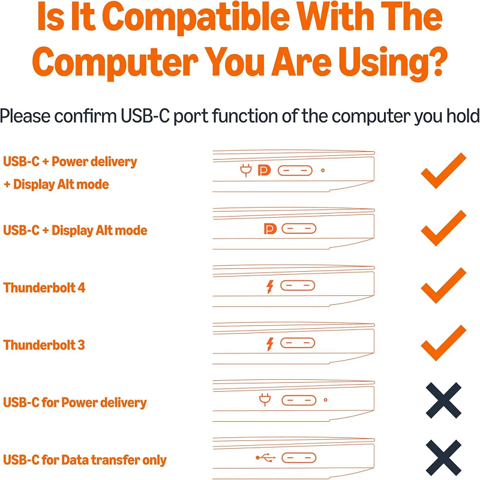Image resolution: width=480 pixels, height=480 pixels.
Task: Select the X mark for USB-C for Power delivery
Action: pos(443,400)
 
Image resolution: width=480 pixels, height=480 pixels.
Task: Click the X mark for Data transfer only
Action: pos(443,458)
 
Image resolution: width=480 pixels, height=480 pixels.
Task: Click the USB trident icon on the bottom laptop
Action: pos(266,458)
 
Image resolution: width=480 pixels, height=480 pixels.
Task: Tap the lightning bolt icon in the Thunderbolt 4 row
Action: pos(269,287)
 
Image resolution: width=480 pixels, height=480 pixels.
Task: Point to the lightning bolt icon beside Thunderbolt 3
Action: pos(269,344)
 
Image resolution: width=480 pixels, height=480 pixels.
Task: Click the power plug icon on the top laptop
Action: pos(246,170)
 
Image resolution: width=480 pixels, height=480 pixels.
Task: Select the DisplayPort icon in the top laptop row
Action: pos(264,170)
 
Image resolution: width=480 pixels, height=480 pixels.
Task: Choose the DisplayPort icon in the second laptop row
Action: pos(271,229)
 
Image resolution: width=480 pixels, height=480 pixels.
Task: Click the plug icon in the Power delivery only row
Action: pos(265,400)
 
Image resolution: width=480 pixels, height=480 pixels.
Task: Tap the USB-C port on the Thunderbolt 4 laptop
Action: pos(298,286)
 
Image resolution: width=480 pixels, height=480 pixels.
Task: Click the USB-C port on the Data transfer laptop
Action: pos(299,458)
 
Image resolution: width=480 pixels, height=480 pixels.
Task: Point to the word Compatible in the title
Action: pos(196,17)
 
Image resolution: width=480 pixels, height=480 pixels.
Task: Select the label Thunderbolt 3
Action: pos(44,345)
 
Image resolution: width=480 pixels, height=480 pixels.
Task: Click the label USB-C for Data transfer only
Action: pos(85,460)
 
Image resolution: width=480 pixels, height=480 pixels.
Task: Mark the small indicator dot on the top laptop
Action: pos(323,170)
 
